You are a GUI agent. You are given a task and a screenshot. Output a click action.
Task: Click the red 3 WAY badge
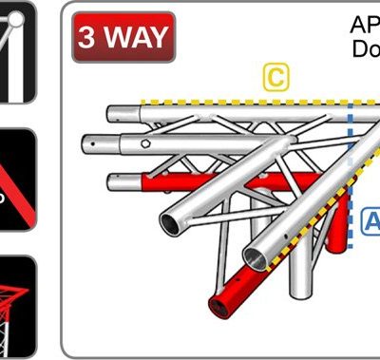pyautogui.click(x=123, y=37)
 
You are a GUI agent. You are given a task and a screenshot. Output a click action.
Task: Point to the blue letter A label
pyautogui.click(x=372, y=221)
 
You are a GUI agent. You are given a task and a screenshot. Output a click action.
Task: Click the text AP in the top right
pyautogui.click(x=365, y=26)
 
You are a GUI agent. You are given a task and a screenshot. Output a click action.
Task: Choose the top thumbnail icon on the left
pyautogui.click(x=17, y=51)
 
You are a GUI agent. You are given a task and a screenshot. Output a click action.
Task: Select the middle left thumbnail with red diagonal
pyautogui.click(x=17, y=180)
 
